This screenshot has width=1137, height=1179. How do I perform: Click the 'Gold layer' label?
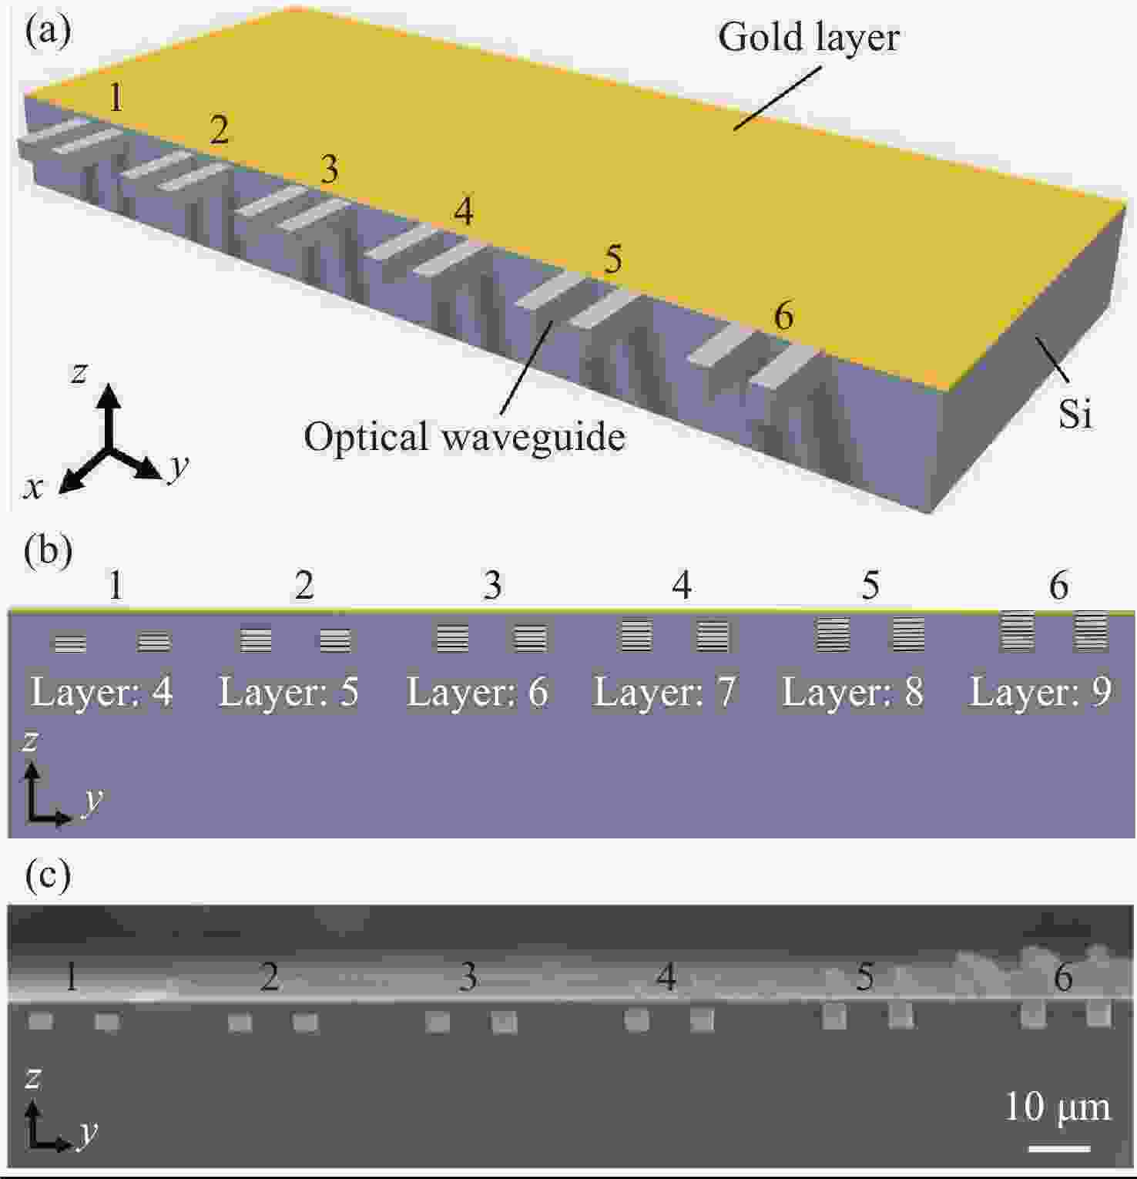(x=809, y=38)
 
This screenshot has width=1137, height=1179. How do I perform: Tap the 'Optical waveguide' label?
(x=465, y=437)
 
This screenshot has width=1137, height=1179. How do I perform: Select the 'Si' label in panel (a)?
(x=1075, y=415)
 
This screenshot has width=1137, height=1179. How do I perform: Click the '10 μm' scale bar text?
(x=1058, y=1108)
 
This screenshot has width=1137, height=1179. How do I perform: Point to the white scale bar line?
(x=1059, y=1148)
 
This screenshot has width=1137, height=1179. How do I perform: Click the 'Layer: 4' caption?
(x=102, y=692)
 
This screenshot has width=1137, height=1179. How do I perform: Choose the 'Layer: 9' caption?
(x=1041, y=692)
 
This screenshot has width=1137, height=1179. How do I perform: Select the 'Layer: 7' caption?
(x=665, y=692)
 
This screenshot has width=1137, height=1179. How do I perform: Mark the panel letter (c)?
(x=48, y=875)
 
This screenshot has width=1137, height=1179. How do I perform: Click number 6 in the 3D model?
(x=783, y=316)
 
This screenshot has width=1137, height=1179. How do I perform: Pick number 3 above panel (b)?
(x=493, y=586)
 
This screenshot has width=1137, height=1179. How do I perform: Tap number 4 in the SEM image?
(x=666, y=977)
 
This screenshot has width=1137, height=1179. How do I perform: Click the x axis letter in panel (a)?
(x=33, y=488)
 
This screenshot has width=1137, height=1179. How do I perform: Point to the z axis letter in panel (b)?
(x=31, y=741)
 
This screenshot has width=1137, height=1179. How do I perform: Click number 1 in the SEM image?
(x=71, y=977)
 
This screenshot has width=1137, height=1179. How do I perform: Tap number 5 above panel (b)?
(x=870, y=586)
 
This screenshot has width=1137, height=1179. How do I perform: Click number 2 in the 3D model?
(x=220, y=131)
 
